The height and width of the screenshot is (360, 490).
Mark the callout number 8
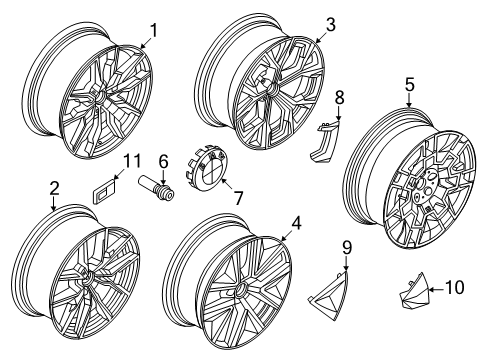pyautogui.click(x=338, y=98)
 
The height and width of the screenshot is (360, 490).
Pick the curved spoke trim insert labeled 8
pyautogui.click(x=326, y=137)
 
